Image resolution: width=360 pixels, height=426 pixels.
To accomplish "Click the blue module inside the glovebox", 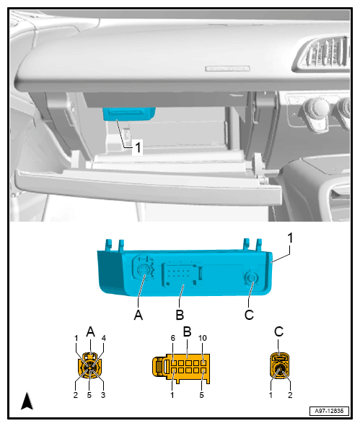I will pos(129,113).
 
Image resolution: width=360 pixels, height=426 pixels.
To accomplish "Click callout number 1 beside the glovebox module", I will pos(138,146).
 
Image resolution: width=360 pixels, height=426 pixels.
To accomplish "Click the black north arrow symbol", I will pos(27,400).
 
